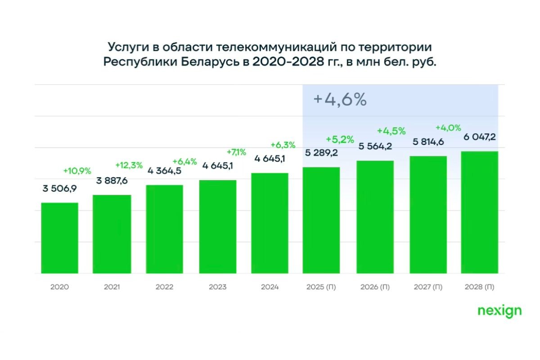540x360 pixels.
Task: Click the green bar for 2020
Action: tap(59, 238)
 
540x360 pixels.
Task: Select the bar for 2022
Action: tap(164, 229)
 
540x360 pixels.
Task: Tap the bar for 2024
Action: tap(270, 223)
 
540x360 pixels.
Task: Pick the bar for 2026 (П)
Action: tap(375, 217)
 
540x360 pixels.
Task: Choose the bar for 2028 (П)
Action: tap(480, 212)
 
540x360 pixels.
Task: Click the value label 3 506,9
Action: tap(59, 189)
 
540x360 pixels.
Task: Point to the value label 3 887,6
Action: tap(112, 181)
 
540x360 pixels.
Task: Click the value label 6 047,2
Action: tap(480, 137)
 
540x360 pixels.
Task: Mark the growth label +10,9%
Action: tap(77, 171)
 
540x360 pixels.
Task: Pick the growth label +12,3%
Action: tap(130, 165)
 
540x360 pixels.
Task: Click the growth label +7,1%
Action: tap(236, 152)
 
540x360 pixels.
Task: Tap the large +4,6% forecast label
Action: tap(340, 100)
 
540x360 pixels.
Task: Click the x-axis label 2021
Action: tap(112, 287)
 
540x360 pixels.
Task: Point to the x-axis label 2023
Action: tap(217, 287)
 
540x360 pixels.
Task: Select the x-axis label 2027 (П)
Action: tap(427, 287)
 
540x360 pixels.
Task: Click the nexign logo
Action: tap(499, 311)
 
